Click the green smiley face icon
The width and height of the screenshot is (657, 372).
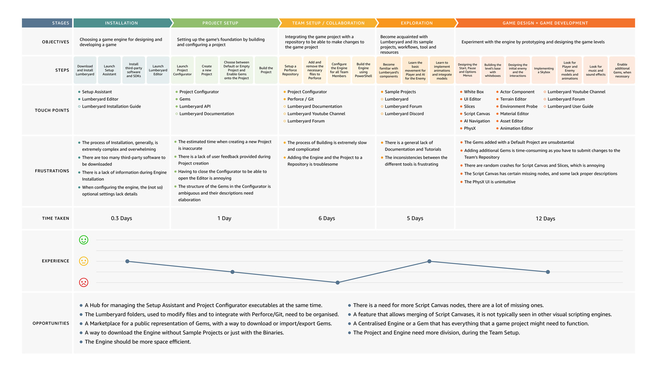[x=84, y=240]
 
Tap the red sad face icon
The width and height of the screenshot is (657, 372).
[x=84, y=282]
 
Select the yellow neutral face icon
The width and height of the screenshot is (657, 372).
[x=84, y=261]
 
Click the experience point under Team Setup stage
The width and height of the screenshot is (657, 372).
[x=337, y=283]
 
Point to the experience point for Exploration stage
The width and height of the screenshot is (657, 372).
[x=429, y=261]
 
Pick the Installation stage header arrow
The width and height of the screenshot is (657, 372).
[x=121, y=23]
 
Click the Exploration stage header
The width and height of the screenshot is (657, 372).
[x=417, y=23]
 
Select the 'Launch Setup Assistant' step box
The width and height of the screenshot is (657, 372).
[x=109, y=70]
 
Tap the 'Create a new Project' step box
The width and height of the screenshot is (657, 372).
[x=207, y=70]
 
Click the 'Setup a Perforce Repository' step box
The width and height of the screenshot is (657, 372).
[x=290, y=70]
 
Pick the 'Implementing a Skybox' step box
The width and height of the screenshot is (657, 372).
[x=544, y=70]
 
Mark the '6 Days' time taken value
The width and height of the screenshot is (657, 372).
[x=327, y=218]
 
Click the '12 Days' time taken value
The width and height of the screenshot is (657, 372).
[x=545, y=218]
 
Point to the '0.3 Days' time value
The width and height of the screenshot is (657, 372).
[x=121, y=218]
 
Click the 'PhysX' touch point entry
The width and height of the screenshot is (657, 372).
[x=470, y=128]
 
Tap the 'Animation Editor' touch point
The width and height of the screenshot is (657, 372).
[x=516, y=128]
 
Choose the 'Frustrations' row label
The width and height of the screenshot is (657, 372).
[x=52, y=171]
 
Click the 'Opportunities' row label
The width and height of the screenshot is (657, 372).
[x=51, y=323]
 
